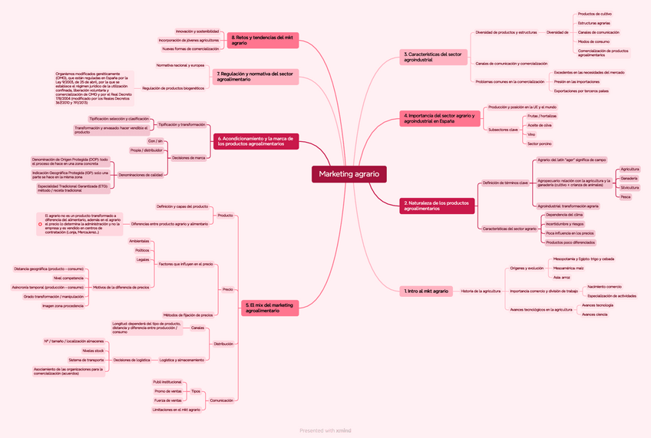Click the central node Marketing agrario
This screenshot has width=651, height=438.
(349, 174)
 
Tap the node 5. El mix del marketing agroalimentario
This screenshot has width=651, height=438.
(270, 308)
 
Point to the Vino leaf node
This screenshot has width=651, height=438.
(532, 134)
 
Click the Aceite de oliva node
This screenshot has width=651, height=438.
(540, 125)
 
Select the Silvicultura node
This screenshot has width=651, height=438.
(630, 187)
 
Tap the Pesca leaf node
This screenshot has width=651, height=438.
(626, 197)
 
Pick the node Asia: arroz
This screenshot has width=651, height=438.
(561, 277)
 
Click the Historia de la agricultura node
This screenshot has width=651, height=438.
(481, 291)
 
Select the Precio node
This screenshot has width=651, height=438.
(227, 289)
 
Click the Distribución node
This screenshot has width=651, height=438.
(223, 344)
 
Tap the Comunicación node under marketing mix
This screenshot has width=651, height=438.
(222, 400)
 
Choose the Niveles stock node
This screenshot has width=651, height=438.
(93, 351)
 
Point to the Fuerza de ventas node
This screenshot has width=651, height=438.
(168, 400)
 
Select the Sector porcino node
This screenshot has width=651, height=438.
(540, 143)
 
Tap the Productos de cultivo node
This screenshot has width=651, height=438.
(594, 14)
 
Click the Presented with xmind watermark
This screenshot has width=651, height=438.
(325, 430)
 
